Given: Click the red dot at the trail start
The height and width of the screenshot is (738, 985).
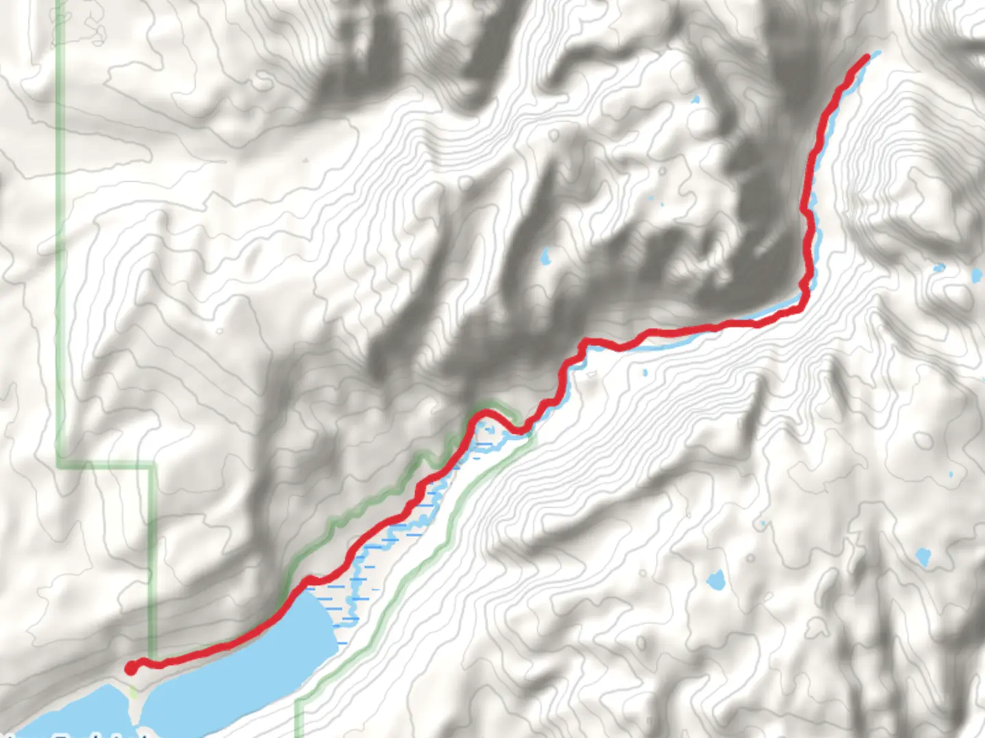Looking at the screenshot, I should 130,668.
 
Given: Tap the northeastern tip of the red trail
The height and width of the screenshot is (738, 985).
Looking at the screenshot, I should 867,57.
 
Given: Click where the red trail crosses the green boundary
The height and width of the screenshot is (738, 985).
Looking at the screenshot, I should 156,662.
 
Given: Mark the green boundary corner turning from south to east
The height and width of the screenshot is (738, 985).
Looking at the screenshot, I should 60,466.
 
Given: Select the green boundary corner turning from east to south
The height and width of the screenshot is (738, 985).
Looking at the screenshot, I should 153,467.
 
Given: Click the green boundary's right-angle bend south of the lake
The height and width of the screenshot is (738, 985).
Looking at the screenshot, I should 298,702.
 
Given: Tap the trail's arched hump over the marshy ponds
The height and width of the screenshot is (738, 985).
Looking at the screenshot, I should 487,413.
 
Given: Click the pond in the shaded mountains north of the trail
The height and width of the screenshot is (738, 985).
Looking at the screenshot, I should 545,258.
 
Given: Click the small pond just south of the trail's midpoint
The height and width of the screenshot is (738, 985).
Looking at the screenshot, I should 644,373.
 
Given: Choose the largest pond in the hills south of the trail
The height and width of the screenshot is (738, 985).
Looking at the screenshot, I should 715,581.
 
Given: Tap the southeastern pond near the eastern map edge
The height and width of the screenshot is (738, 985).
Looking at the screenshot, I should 923,558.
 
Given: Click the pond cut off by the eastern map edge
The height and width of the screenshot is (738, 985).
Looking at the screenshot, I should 975,276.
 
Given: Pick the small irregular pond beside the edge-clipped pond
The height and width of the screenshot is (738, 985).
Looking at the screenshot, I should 938,269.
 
